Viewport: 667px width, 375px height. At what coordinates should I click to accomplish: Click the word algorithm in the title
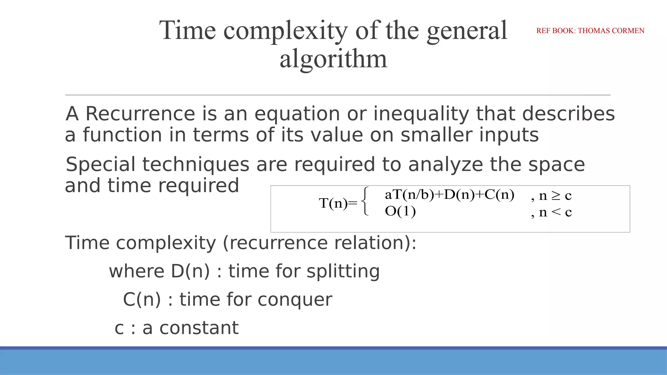[x=333, y=59]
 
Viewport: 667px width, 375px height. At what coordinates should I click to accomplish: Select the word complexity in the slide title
[x=286, y=31]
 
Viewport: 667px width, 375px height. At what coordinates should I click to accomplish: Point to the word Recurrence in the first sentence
[x=140, y=114]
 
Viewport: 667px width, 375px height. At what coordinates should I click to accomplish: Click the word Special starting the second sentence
[x=100, y=164]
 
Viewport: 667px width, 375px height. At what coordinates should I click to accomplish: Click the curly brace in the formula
[x=366, y=201]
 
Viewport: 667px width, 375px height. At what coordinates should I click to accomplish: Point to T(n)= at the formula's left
[x=338, y=203]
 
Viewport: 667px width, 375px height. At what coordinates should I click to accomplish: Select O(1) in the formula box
[x=400, y=212]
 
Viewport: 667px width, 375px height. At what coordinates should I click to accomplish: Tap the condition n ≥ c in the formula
[x=555, y=196]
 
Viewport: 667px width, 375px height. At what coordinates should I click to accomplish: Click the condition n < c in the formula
[x=555, y=212]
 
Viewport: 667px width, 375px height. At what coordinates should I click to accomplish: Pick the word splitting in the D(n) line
[x=343, y=271]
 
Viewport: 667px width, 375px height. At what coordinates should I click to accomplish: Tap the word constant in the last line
[x=199, y=328]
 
